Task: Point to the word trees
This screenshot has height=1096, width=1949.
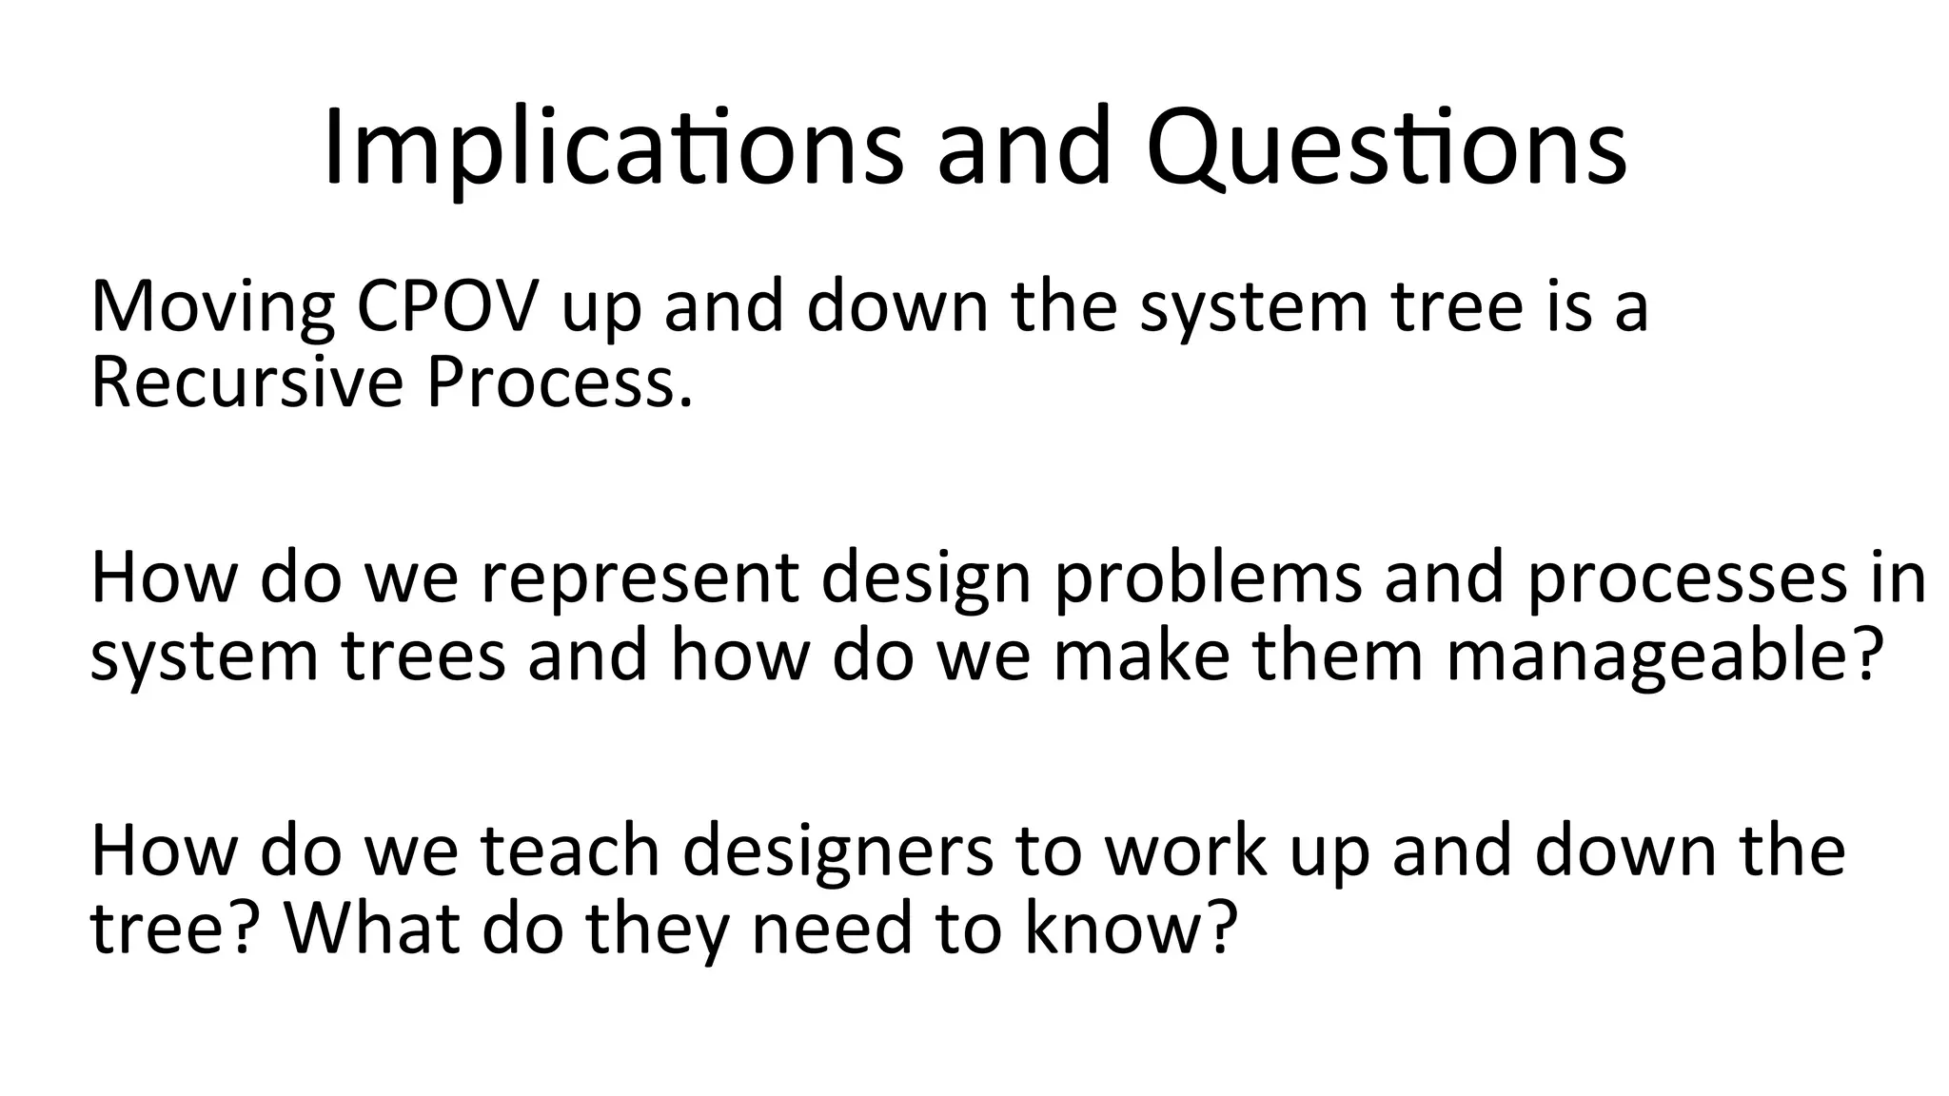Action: pos(423,656)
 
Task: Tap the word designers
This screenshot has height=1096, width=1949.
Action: pos(837,852)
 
